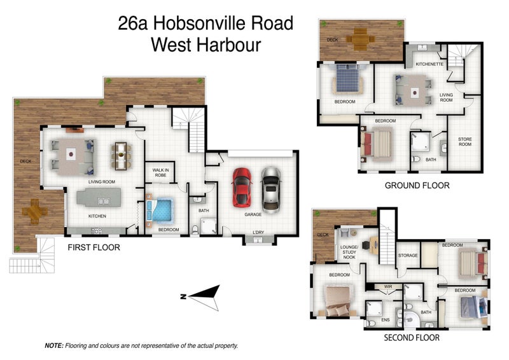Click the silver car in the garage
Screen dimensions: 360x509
point(271,188)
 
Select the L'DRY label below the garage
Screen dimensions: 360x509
point(258,232)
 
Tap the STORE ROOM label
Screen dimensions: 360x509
point(465,142)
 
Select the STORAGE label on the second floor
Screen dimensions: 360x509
point(408,256)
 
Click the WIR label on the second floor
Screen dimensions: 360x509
point(388,287)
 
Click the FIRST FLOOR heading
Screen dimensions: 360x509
point(94,247)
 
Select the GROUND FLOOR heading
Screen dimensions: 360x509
point(417,186)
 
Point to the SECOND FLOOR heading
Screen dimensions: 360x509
point(411,338)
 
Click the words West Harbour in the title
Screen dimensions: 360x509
point(206,45)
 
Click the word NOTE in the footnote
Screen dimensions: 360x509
point(53,345)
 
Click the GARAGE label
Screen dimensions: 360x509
point(253,214)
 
